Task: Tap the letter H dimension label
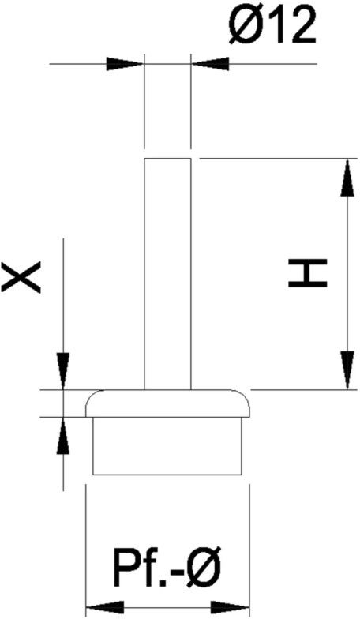(x=308, y=273)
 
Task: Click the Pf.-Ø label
(x=167, y=568)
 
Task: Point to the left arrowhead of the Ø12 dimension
(x=125, y=63)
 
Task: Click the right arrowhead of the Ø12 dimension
(x=210, y=63)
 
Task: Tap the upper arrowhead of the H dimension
(x=347, y=177)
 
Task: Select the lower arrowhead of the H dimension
(x=347, y=370)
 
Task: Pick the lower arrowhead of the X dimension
(x=63, y=435)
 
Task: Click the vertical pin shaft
(x=167, y=274)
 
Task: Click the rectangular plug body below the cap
(x=167, y=445)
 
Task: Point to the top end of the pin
(x=167, y=159)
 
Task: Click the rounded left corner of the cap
(x=92, y=396)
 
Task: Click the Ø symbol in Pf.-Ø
(x=204, y=568)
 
